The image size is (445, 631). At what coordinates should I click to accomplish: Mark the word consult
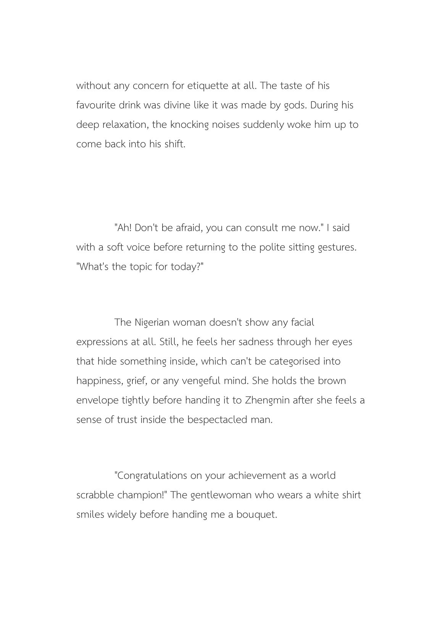pos(261,228)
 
